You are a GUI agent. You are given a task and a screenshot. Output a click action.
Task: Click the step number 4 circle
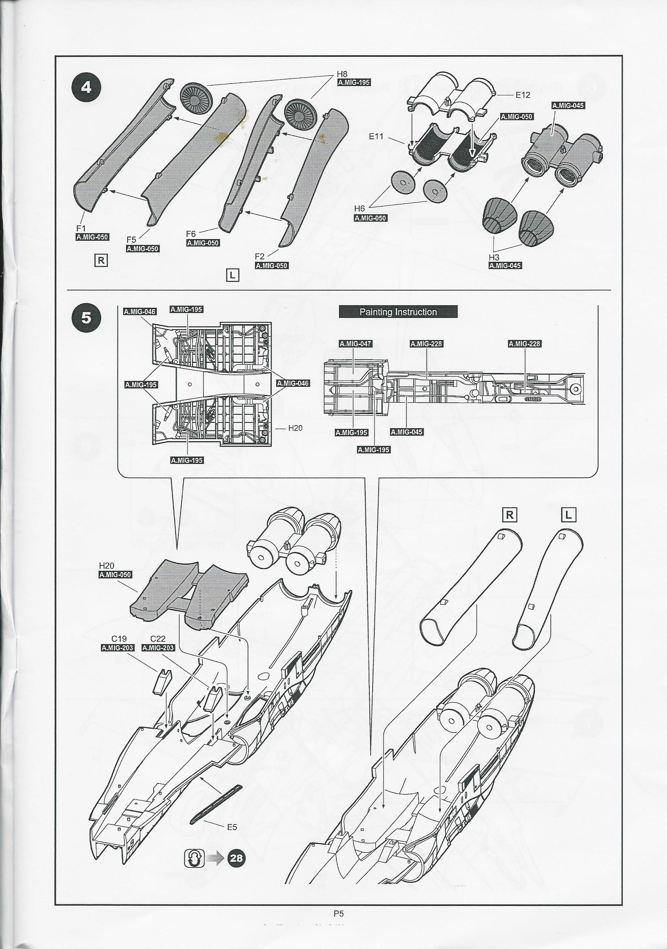tap(86, 88)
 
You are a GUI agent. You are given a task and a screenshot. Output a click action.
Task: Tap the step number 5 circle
tap(86, 318)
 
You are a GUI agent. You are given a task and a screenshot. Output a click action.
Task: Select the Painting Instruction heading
tap(398, 312)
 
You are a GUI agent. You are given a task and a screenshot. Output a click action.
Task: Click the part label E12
tap(522, 95)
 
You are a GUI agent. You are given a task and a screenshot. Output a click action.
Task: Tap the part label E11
tap(376, 136)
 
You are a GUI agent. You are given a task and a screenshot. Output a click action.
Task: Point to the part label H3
tap(494, 257)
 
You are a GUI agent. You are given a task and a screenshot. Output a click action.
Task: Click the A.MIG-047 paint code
tap(355, 344)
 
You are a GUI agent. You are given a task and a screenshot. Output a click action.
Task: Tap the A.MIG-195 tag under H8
tap(354, 82)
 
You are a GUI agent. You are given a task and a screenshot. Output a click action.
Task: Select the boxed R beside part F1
tap(101, 261)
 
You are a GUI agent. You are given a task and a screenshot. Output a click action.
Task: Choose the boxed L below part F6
tap(232, 275)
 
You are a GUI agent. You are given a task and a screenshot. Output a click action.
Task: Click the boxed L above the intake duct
tap(569, 515)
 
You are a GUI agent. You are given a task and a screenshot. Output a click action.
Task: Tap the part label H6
tap(360, 208)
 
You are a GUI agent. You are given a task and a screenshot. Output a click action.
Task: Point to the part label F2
tap(260, 256)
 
